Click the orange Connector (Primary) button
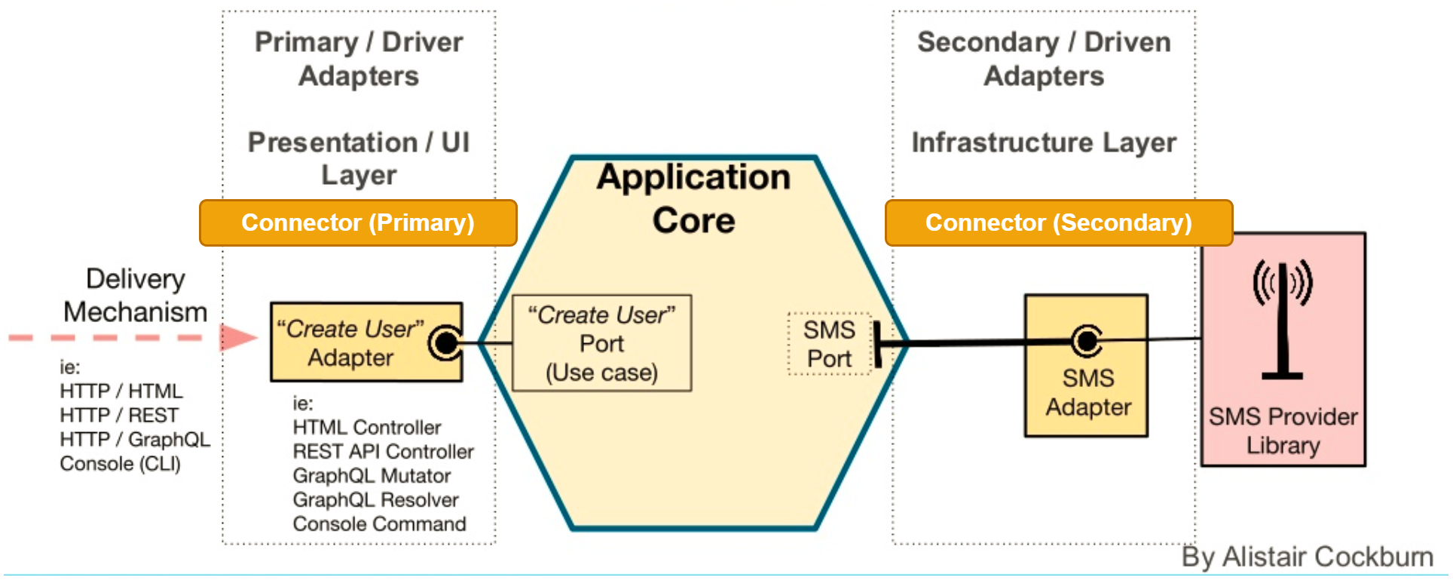[x=358, y=222]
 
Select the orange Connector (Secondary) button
[x=1058, y=222]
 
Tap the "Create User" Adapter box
[x=351, y=343]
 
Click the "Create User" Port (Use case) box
[x=601, y=343]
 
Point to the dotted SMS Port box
[x=829, y=344]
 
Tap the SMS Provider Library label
[x=1283, y=431]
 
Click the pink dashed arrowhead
[x=237, y=337]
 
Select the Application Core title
[x=693, y=198]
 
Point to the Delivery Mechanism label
[x=135, y=296]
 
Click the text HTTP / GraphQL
[x=135, y=439]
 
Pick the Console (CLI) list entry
[x=120, y=463]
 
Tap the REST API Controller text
[x=383, y=451]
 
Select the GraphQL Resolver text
[x=375, y=499]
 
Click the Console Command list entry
[x=379, y=523]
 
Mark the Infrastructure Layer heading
[x=1044, y=142]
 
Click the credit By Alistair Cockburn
[x=1307, y=557]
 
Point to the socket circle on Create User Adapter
[x=446, y=343]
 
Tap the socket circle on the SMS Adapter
[x=1086, y=342]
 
